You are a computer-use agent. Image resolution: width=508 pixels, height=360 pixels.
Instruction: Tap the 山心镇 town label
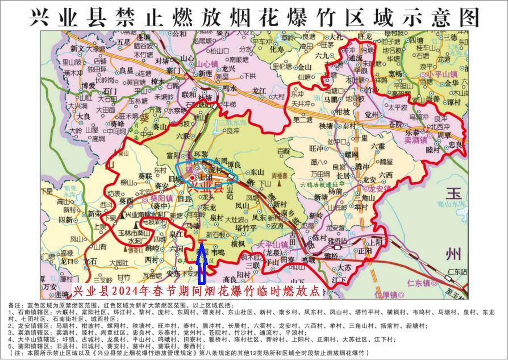tap(207, 64)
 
